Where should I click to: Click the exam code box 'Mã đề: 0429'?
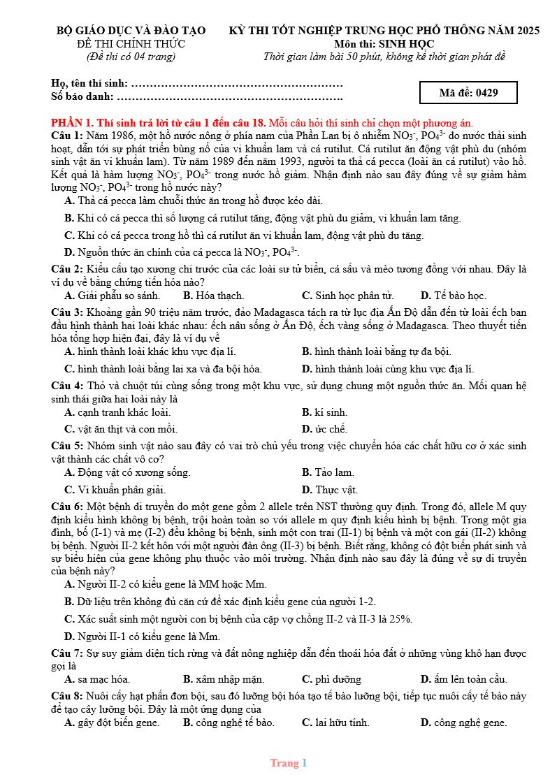tap(468, 92)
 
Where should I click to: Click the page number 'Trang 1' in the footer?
tap(289, 763)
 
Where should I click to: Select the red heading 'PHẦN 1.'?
tap(73, 122)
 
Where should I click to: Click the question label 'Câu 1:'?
tap(67, 135)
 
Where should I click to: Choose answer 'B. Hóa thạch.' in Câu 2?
tap(213, 296)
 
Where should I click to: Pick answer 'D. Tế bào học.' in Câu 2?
tap(453, 296)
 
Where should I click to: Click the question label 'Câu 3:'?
tap(67, 312)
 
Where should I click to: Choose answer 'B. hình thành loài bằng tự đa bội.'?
tap(376, 351)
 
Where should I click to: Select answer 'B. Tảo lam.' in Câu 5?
tap(328, 473)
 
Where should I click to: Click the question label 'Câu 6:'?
tap(67, 506)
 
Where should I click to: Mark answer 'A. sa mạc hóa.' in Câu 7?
tap(97, 679)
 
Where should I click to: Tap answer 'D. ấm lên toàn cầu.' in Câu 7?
tap(463, 679)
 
